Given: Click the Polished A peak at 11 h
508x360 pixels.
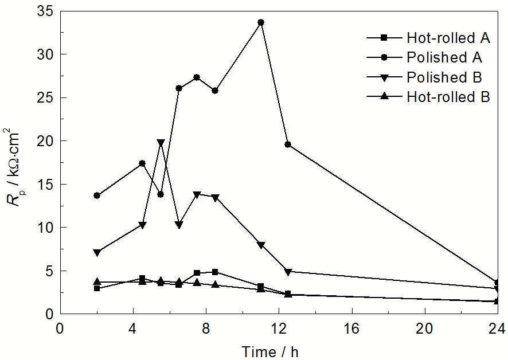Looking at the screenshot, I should pyautogui.click(x=261, y=22).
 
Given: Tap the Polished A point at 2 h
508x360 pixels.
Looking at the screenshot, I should pyautogui.click(x=97, y=195).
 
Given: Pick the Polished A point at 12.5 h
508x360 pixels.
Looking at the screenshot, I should pyautogui.click(x=288, y=144).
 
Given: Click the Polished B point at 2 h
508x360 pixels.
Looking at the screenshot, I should pyautogui.click(x=97, y=252).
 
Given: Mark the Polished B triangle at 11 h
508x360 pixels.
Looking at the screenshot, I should pyautogui.click(x=261, y=245).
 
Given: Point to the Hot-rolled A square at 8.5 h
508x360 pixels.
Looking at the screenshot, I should pyautogui.click(x=215, y=272).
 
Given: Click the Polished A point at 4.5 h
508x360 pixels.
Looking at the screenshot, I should pyautogui.click(x=142, y=163).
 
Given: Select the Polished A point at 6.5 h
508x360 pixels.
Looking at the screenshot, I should pyautogui.click(x=179, y=88).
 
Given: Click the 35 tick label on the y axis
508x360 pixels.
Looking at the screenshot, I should pyautogui.click(x=44, y=11).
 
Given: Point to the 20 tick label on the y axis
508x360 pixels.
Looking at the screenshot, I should pyautogui.click(x=44, y=141).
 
